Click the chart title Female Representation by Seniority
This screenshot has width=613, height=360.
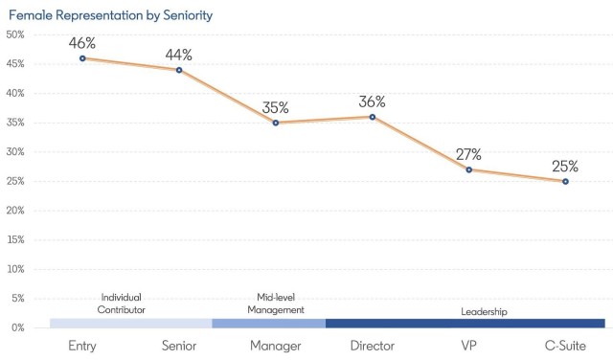pos(111,15)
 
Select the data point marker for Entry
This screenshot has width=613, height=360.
pos(82,58)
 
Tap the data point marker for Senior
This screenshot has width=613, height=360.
pos(179,70)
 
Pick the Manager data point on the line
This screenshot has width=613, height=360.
pos(276,123)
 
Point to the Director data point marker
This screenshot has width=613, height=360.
pos(373,117)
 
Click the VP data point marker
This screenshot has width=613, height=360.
pos(468,169)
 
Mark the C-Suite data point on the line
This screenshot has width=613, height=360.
pos(565,181)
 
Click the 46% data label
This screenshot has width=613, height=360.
pos(82,43)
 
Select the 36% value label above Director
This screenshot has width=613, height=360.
pos(373,101)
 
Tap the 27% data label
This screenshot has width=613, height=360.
pos(468,154)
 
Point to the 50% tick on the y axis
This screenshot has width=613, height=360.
pos(15,34)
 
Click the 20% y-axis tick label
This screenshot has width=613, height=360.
pos(15,211)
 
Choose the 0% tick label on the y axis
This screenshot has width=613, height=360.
pos(18,327)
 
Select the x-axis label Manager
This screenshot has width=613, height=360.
pos(276,346)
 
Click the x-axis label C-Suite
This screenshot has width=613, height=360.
pos(565,346)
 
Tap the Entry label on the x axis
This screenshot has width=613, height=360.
pos(82,346)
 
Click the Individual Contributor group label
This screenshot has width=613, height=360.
pos(122,304)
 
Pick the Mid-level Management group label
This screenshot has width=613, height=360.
pos(276,304)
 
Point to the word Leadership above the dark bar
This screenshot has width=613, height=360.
pos(484,311)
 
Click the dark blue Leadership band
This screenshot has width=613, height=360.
pos(465,324)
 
